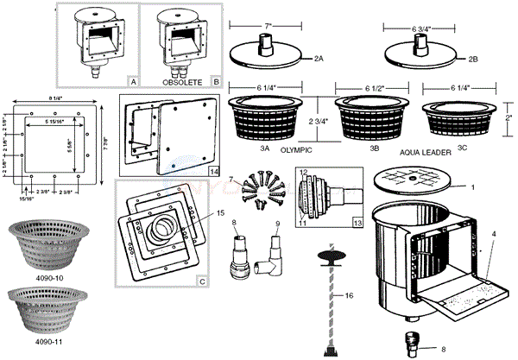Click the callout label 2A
[319, 58]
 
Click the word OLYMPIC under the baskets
[296, 150]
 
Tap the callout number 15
[220, 212]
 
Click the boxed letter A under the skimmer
[132, 80]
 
